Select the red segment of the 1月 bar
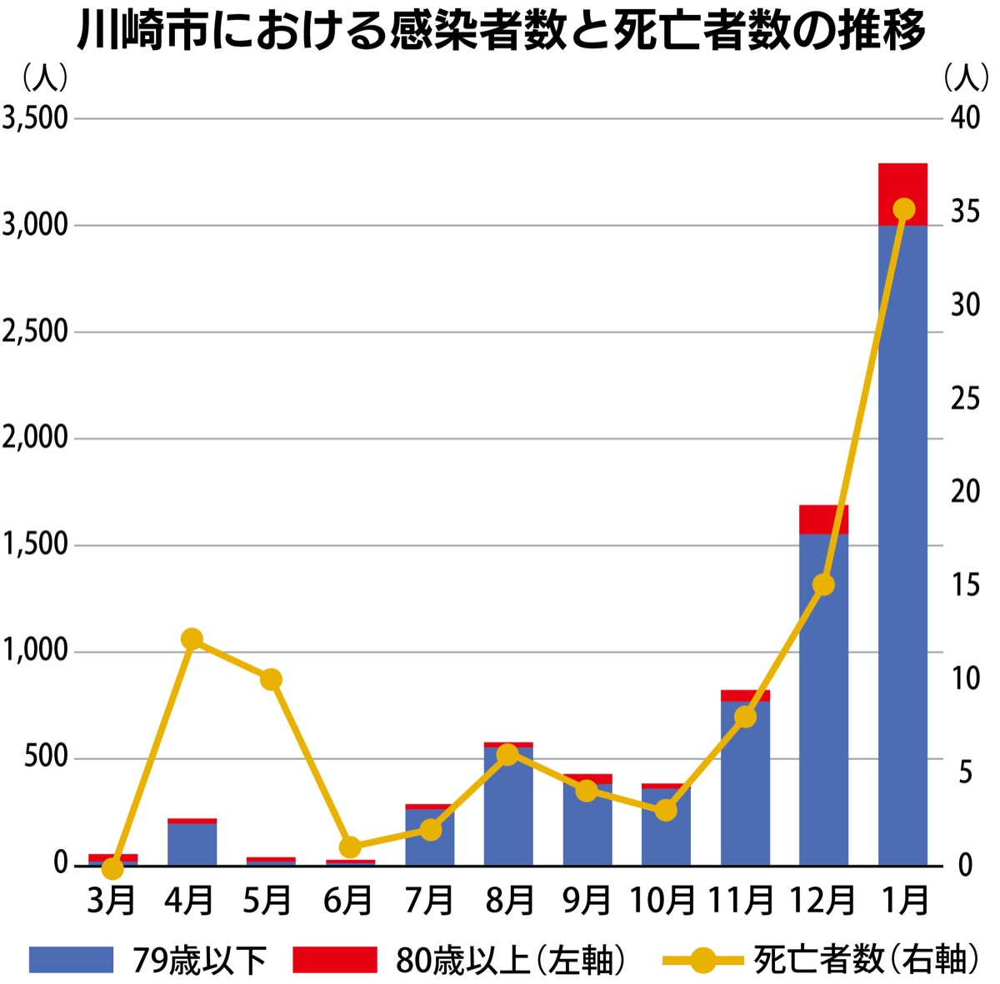[902, 194]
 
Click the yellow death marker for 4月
[192, 639]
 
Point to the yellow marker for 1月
[903, 209]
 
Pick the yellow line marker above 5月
[271, 679]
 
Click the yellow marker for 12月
[823, 585]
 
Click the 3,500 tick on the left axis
[35, 118]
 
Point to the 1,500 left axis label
[35, 545]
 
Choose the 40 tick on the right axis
[965, 118]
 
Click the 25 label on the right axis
[965, 398]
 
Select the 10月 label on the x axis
[663, 901]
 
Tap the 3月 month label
[112, 901]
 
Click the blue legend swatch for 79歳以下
[71, 959]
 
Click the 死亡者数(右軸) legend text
[867, 959]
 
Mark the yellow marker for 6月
[350, 847]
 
